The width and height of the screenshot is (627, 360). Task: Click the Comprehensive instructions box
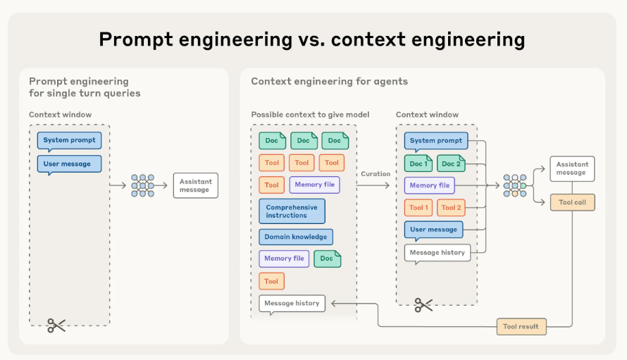click(x=292, y=211)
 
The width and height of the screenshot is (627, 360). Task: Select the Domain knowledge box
click(x=296, y=237)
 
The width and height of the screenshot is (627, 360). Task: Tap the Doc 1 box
click(x=418, y=163)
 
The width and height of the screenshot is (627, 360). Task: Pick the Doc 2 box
click(x=452, y=163)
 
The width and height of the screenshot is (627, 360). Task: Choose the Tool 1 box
click(x=418, y=207)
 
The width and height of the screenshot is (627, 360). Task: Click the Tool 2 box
click(x=452, y=207)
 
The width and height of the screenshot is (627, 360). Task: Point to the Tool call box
click(x=572, y=202)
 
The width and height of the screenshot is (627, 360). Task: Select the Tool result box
click(x=521, y=326)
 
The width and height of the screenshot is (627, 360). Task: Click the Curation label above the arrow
click(x=375, y=174)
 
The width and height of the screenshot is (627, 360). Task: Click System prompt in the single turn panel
click(x=70, y=140)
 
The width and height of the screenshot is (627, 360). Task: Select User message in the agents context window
click(x=433, y=229)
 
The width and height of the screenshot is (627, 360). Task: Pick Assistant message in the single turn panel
click(x=194, y=185)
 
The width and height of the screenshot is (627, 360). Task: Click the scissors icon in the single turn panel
click(x=56, y=325)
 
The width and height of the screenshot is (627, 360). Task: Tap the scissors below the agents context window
click(x=423, y=305)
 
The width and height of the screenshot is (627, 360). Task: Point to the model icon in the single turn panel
click(x=142, y=185)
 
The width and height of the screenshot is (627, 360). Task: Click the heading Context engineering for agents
click(x=329, y=82)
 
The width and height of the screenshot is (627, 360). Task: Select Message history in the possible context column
click(x=292, y=304)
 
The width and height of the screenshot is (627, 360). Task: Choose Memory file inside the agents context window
click(x=429, y=185)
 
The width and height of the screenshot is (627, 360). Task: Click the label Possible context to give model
click(x=310, y=115)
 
